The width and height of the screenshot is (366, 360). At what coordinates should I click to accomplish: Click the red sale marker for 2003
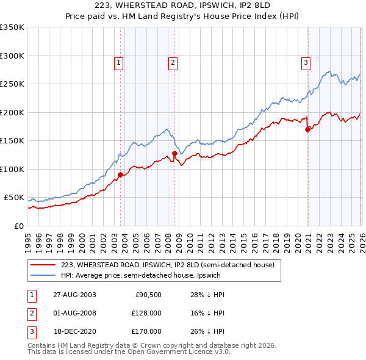(120, 175)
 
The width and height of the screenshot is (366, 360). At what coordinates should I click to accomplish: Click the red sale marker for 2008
(174, 154)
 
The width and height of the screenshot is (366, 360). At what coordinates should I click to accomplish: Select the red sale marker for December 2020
(307, 129)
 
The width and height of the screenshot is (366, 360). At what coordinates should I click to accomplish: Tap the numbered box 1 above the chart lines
(118, 62)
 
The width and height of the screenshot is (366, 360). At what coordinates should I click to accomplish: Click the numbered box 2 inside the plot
(173, 62)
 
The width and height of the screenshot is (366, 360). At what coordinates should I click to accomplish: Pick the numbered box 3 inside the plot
(306, 62)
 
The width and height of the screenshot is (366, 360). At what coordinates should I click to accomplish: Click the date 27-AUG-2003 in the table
(74, 295)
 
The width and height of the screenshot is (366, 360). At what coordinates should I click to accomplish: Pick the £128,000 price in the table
(145, 313)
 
